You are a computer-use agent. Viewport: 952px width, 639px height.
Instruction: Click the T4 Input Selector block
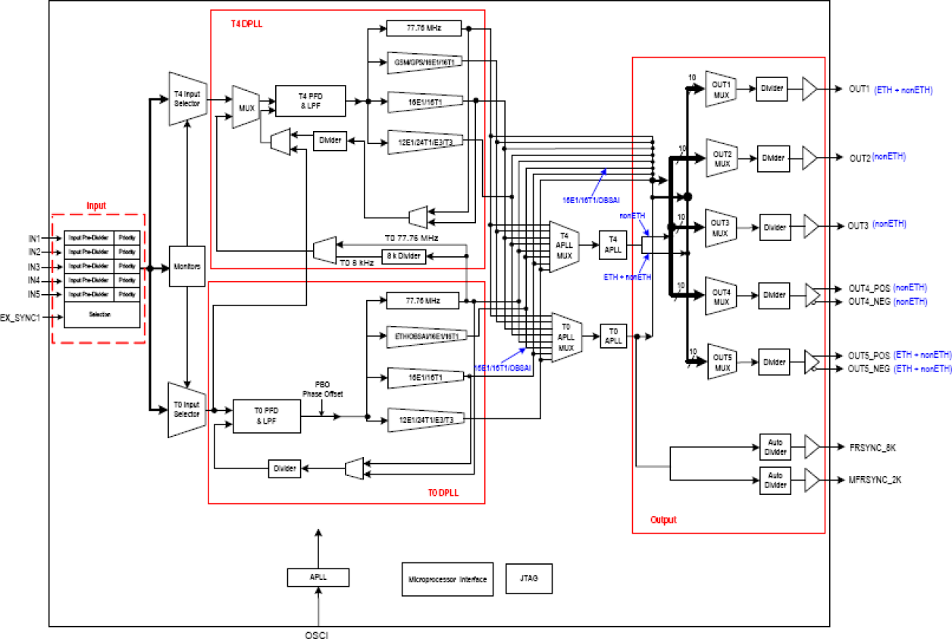coord(186,99)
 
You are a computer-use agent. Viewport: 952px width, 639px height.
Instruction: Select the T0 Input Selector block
coord(186,410)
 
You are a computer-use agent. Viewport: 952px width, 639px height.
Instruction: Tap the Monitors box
coord(186,266)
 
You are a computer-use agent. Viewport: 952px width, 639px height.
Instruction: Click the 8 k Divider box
coord(403,256)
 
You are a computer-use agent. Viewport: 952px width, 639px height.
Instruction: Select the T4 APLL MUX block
coord(563,243)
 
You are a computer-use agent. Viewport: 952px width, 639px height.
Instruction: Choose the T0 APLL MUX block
coord(565,336)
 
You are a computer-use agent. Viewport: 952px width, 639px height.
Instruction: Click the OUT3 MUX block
coord(720,227)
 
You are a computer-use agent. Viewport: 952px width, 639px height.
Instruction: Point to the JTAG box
coord(529,578)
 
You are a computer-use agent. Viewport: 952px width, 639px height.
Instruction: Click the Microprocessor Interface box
coord(448,578)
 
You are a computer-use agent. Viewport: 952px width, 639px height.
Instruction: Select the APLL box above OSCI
coord(318,577)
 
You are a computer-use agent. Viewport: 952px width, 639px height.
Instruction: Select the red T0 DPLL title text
coord(444,493)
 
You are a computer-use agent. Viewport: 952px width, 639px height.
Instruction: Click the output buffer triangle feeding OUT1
coord(810,89)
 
